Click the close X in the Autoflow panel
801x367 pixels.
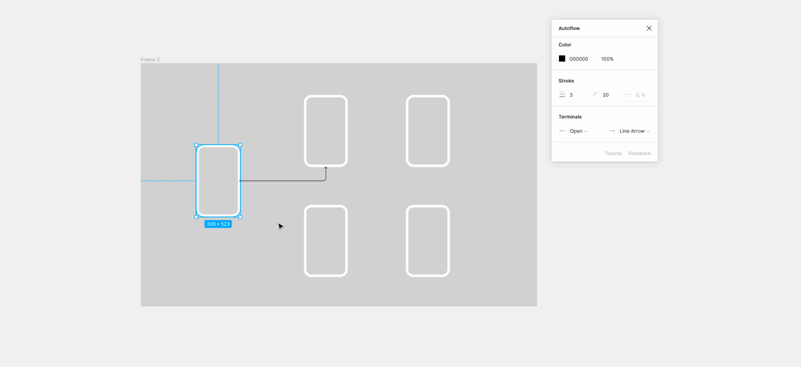coord(649,28)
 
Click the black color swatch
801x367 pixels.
coord(562,59)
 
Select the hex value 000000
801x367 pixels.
coord(579,59)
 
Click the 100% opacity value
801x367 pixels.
coord(607,59)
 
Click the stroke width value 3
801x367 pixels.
coord(571,95)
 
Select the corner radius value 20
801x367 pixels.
coord(606,95)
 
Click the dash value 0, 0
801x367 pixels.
coord(640,95)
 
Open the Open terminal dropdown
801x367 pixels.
coord(578,131)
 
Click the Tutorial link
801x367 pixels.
coord(613,154)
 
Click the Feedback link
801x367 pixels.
coord(639,154)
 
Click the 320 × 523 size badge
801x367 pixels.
coord(218,224)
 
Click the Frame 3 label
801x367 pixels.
coord(150,60)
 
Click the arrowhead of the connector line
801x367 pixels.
coord(326,168)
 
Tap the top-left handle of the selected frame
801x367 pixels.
coord(196,145)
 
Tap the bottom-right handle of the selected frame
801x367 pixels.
coord(240,216)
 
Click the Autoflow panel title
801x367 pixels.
coord(569,28)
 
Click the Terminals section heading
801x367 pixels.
coord(570,117)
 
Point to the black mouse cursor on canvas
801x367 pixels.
coord(280,226)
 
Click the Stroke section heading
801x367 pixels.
coord(566,81)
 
